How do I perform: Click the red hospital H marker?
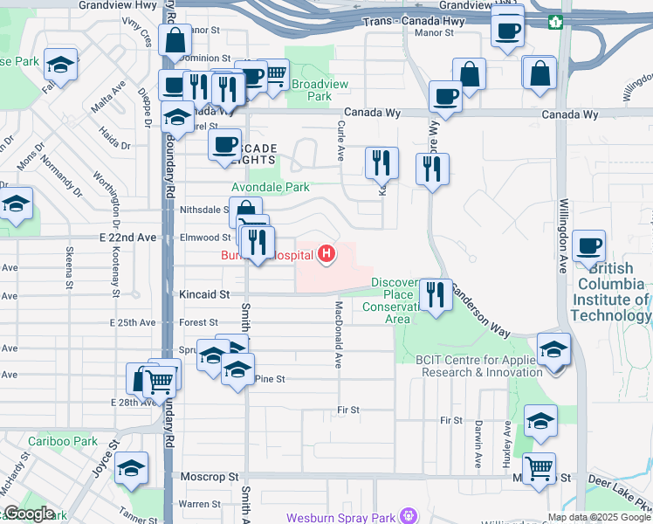pos(326,254)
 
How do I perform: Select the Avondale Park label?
pos(271,187)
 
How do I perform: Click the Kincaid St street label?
pos(206,295)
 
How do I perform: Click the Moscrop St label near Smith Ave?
pos(210,478)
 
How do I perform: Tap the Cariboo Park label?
pos(62,442)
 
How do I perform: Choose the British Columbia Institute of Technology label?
pos(611,300)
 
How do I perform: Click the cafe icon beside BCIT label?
pos(590,246)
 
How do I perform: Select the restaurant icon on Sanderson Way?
pos(434,294)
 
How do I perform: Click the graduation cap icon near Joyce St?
pos(132,470)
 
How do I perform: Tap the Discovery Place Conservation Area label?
pos(398,300)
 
